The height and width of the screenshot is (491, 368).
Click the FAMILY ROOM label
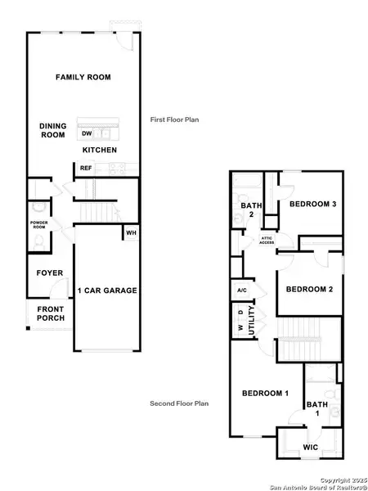click(x=83, y=77)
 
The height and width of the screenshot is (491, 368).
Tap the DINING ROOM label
click(x=52, y=131)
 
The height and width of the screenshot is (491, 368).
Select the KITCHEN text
click(x=100, y=151)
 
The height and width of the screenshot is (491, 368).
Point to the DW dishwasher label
click(x=87, y=133)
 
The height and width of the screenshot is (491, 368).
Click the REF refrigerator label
click(x=86, y=168)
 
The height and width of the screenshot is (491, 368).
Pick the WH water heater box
click(x=130, y=233)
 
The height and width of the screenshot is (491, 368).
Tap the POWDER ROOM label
click(x=39, y=225)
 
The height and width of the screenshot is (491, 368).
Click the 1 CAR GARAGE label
click(x=107, y=291)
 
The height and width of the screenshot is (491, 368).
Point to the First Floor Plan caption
click(x=174, y=119)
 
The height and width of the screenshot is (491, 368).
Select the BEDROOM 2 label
click(x=309, y=288)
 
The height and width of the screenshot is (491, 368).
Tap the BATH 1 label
click(x=316, y=409)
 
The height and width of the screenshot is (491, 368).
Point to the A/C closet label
click(x=242, y=291)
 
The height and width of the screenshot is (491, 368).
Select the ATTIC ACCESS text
click(x=267, y=239)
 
